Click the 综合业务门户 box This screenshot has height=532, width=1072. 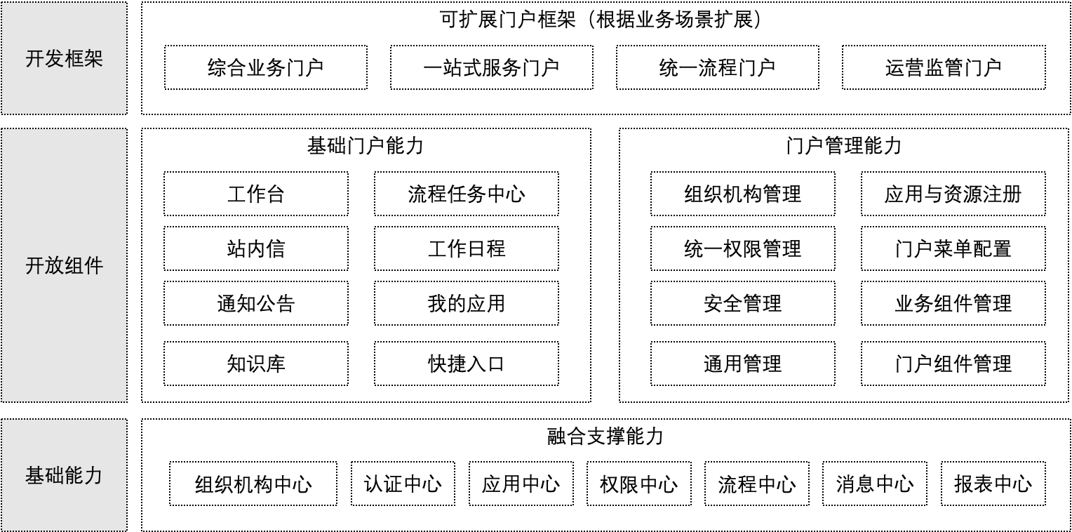click(266, 67)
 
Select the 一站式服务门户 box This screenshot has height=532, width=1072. click(492, 67)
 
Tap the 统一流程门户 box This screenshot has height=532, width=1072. click(718, 67)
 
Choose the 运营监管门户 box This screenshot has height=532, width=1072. click(944, 67)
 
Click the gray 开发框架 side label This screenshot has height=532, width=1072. click(64, 58)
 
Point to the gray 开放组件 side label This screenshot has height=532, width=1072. click(64, 265)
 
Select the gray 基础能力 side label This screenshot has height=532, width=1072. click(64, 475)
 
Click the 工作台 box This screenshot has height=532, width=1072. click(256, 194)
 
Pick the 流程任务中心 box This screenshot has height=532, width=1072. click(466, 194)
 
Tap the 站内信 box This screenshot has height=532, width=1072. click(256, 248)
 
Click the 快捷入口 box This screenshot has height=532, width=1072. click(466, 364)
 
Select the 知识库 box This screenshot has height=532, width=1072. click(256, 364)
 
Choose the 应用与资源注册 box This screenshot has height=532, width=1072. click(953, 194)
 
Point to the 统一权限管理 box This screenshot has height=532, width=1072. click(743, 248)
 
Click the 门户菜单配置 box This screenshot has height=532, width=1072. click(953, 248)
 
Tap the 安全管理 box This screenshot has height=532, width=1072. click(743, 303)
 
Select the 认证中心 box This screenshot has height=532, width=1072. click(403, 484)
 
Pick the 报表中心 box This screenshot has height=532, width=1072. click(993, 484)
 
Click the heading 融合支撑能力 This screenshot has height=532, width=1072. click(605, 437)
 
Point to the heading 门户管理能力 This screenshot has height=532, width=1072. click(844, 145)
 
